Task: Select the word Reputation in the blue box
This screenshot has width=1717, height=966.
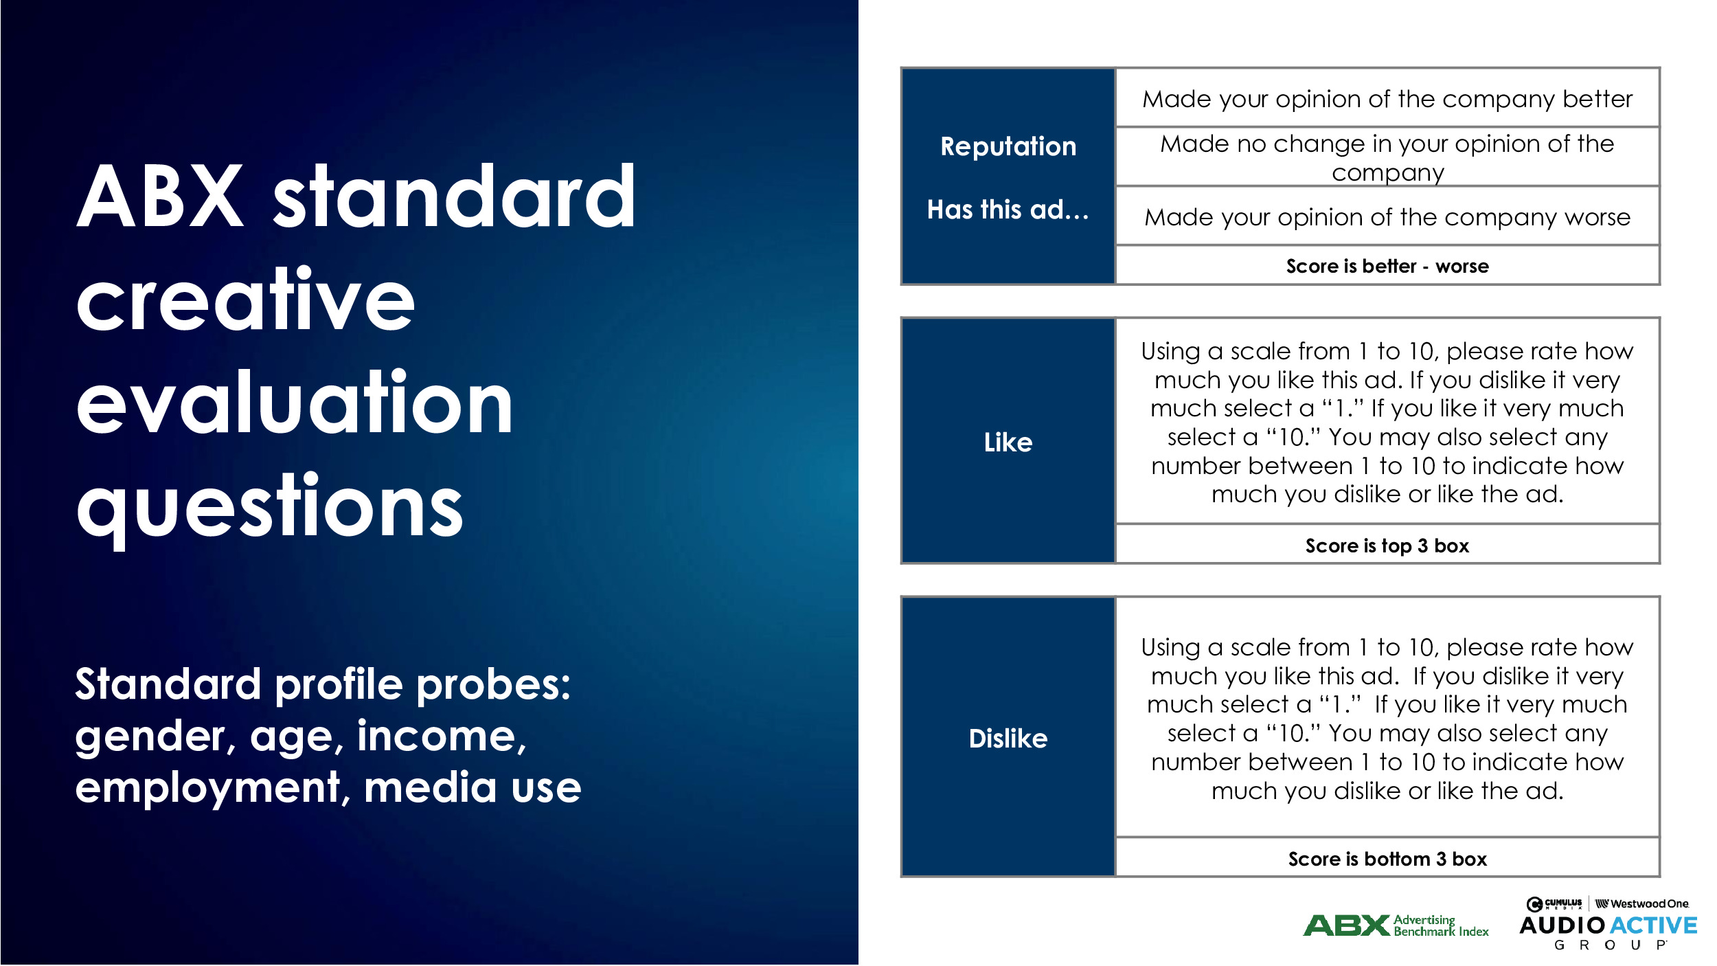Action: pos(1008,146)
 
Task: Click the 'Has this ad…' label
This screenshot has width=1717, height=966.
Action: pos(1008,210)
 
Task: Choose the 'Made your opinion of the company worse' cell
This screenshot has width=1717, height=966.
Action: pos(1387,217)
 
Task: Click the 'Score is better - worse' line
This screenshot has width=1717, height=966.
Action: pos(1387,266)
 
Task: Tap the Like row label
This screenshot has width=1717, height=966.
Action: pos(1008,442)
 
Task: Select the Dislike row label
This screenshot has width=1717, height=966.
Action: pos(1008,739)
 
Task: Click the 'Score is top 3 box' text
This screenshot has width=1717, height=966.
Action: pos(1387,546)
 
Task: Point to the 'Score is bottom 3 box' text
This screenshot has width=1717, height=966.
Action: pos(1387,859)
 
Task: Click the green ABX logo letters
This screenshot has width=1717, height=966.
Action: pos(1347,925)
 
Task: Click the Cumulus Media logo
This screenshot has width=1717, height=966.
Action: pos(1554,903)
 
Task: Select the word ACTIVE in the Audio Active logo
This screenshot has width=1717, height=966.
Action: pos(1654,925)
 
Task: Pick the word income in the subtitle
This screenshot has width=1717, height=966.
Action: pos(442,737)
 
